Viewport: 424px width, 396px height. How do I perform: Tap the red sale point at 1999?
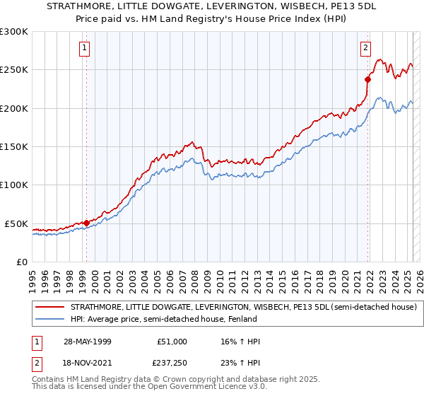[86, 223]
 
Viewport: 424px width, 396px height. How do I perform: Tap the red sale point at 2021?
[368, 79]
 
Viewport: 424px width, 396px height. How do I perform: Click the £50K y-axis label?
[17, 223]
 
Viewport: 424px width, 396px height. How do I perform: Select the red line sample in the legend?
[49, 307]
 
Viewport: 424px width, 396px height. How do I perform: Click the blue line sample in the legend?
[49, 320]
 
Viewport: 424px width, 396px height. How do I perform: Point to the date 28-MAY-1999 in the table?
[85, 342]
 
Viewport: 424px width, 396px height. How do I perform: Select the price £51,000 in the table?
[172, 342]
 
